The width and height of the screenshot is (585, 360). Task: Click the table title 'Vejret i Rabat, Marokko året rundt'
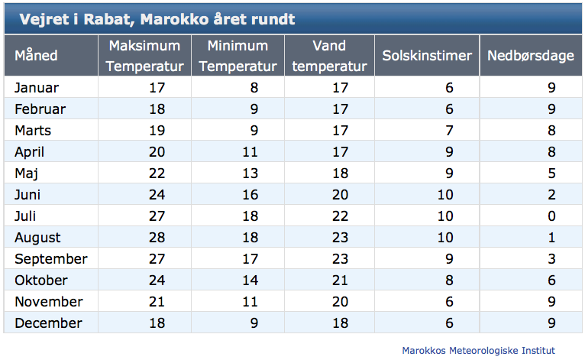click(x=157, y=19)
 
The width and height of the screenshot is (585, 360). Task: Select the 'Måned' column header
click(x=36, y=56)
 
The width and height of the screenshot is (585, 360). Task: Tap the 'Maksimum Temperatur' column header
click(x=145, y=56)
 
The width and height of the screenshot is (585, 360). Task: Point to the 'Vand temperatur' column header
click(x=329, y=56)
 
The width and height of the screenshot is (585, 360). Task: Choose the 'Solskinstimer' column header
click(x=427, y=56)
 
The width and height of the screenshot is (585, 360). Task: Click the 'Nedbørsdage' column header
click(x=531, y=56)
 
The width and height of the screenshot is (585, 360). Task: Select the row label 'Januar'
click(x=37, y=88)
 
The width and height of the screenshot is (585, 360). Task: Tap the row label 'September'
click(x=50, y=259)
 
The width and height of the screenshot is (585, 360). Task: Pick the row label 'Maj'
click(x=26, y=174)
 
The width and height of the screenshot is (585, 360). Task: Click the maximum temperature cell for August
click(x=157, y=238)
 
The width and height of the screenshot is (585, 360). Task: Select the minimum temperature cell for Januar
click(x=254, y=88)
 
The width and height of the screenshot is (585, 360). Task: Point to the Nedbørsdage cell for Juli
click(x=551, y=216)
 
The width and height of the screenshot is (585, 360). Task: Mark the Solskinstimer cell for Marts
click(x=449, y=131)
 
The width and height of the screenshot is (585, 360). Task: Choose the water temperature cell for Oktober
click(x=340, y=281)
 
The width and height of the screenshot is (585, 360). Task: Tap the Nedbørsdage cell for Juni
click(x=551, y=195)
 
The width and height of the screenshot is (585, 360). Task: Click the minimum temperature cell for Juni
click(x=250, y=195)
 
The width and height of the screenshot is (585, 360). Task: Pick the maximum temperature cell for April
click(x=157, y=152)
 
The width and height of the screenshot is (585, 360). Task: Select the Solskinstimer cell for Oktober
click(x=449, y=281)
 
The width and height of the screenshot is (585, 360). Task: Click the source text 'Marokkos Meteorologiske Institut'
click(x=478, y=351)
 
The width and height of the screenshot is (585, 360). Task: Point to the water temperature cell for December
click(x=340, y=323)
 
